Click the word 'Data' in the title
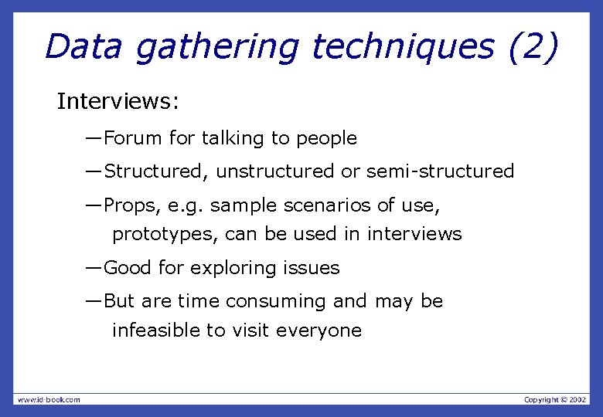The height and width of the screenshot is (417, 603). coord(83,46)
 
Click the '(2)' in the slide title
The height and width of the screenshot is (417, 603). coord(533,47)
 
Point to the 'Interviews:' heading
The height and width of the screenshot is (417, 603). coord(118,102)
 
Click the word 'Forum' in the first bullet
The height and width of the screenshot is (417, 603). coord(133,139)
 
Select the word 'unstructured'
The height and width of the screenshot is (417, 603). coord(276,171)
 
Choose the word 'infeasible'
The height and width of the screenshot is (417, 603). coord(156,331)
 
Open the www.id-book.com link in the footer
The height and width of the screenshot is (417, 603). coord(49,399)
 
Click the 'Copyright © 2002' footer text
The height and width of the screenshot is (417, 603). coord(555,399)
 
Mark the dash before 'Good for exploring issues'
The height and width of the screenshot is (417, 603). coord(94,268)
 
